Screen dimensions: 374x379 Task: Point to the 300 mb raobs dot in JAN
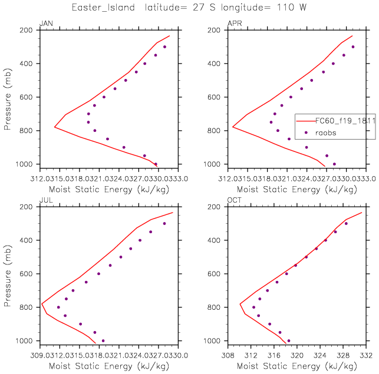[x=165, y=47]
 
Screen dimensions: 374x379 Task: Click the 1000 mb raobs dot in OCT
[x=288, y=340]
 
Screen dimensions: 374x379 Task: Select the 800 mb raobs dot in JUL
[x=58, y=307]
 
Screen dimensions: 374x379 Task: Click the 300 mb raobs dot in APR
[x=353, y=47]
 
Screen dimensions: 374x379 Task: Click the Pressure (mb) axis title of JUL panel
[x=8, y=274]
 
